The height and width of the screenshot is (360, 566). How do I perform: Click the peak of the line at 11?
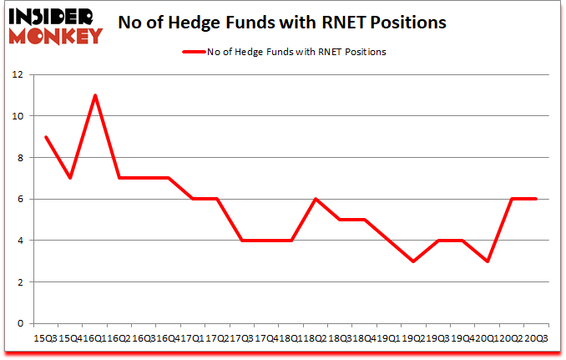[x=95, y=95]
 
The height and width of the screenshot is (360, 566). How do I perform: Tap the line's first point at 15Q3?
[x=46, y=137]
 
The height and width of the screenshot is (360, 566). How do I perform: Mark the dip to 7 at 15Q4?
[x=71, y=178]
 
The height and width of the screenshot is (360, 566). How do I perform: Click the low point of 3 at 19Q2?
[x=413, y=261]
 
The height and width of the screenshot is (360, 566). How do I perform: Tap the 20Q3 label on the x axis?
[x=536, y=337]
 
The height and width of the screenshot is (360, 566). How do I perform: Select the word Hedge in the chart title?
[x=231, y=23]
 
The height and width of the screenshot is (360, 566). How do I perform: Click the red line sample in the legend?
[x=193, y=52]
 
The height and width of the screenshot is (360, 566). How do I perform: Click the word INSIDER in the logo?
[x=52, y=15]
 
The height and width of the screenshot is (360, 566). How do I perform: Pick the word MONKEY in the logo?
[x=58, y=34]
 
